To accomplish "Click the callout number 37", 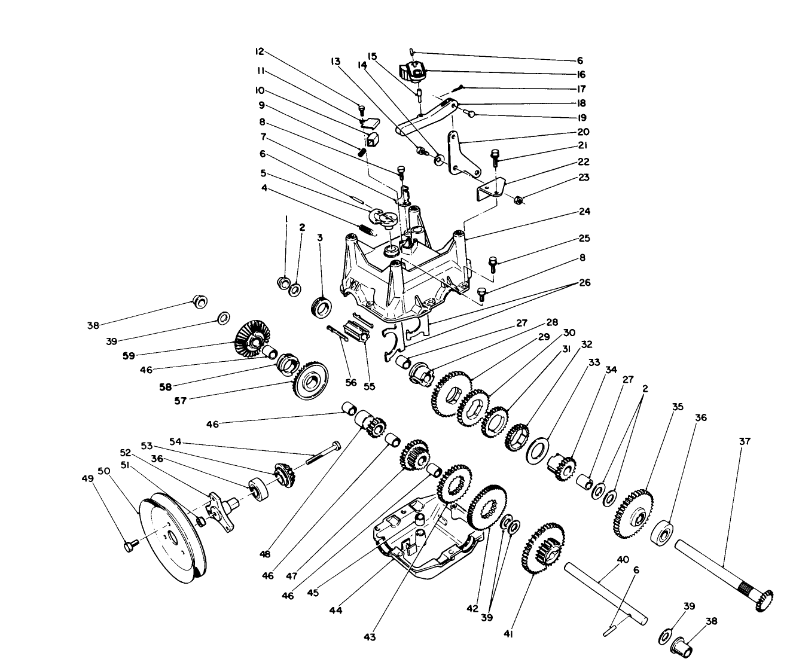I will tap(744, 441).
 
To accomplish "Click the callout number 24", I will tap(584, 211).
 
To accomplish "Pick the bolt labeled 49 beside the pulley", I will tap(130, 545).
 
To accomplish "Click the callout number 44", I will tap(335, 610).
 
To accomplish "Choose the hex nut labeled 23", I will tap(520, 199).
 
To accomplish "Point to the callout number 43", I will tap(370, 637).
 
